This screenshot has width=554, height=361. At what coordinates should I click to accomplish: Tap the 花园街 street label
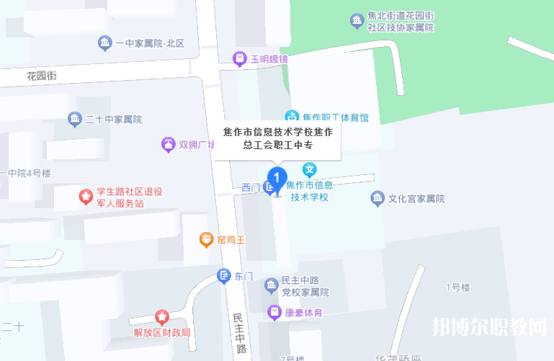click(41, 75)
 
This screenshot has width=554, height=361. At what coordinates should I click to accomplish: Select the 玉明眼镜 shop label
click(269, 58)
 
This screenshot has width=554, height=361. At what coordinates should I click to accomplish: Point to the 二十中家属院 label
click(113, 119)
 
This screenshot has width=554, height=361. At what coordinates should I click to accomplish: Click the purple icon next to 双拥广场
click(168, 145)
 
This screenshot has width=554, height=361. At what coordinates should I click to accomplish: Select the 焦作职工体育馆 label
click(336, 117)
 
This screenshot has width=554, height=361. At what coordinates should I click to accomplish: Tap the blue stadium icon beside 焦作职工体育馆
click(292, 117)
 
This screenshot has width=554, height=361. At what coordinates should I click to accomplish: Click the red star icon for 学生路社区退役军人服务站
click(85, 195)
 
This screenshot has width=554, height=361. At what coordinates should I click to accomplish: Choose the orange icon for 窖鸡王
click(207, 239)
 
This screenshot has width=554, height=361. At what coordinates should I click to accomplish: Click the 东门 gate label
click(244, 276)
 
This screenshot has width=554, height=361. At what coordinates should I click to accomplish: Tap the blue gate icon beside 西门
click(269, 188)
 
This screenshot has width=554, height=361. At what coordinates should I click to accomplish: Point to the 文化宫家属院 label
click(416, 198)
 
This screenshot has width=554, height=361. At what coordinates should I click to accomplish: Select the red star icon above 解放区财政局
click(162, 317)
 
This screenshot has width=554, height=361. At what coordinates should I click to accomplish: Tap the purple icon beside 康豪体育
click(274, 312)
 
